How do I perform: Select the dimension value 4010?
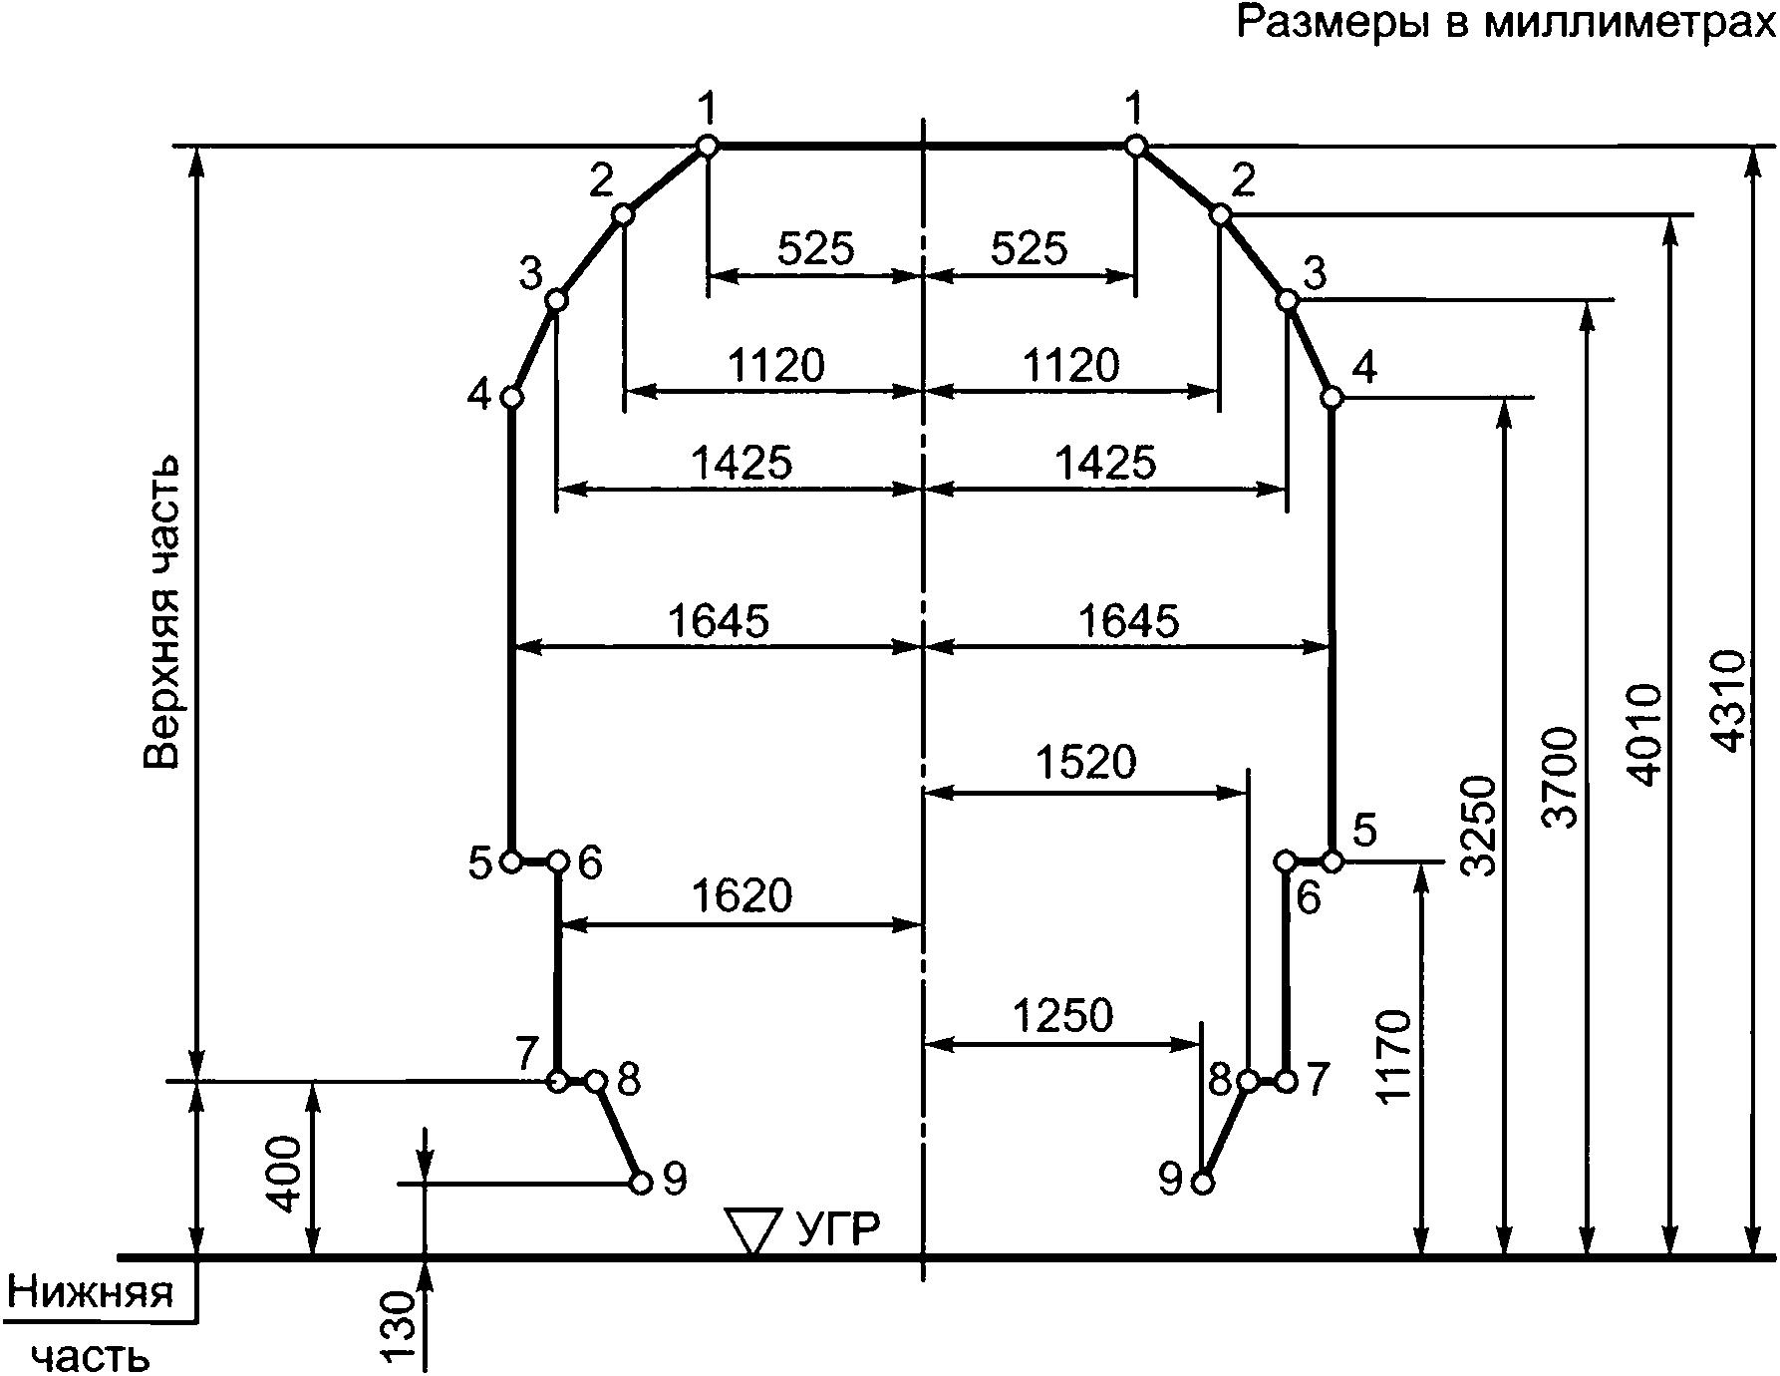point(1644,735)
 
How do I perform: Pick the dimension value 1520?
point(1086,763)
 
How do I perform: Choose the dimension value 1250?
point(1062,1016)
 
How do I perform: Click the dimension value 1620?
point(742,896)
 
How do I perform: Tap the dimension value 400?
point(285,1174)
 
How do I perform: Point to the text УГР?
point(839,1230)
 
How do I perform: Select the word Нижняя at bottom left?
point(91,1293)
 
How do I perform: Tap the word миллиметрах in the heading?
point(1630,22)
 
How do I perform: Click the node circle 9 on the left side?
point(641,1184)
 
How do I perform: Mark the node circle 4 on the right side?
point(1332,398)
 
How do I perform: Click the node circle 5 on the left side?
point(511,860)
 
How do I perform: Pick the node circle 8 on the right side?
point(1248,1081)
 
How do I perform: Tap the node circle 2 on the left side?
point(623,214)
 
